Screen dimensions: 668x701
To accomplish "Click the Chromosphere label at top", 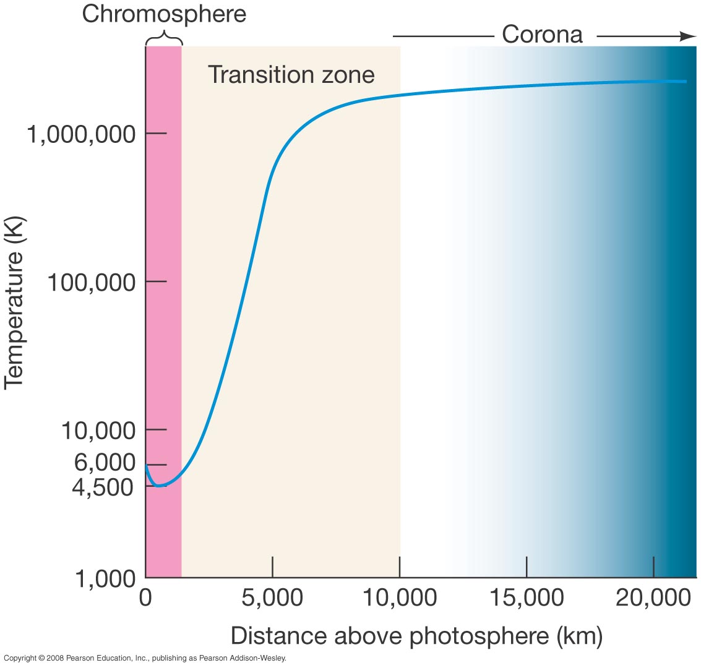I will click(x=164, y=14).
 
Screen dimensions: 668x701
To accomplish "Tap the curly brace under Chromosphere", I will click(x=164, y=40).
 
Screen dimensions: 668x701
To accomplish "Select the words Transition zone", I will click(x=291, y=75).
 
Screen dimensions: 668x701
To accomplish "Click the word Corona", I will click(x=542, y=34).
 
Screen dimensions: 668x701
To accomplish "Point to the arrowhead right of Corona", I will click(x=687, y=36).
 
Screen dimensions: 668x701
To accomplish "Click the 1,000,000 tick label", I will click(x=81, y=134).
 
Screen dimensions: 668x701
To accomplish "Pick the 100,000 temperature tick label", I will click(x=90, y=282).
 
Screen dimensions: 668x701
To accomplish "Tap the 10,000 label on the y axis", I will click(x=97, y=430).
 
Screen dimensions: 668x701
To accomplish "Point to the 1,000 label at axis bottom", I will click(x=105, y=579).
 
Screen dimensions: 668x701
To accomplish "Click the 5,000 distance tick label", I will click(x=272, y=599).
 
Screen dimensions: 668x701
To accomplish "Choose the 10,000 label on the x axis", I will click(x=400, y=599).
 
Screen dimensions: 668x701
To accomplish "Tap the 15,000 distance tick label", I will click(x=527, y=599).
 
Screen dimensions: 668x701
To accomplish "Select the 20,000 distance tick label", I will click(x=653, y=599).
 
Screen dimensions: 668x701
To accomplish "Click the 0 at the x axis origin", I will click(x=146, y=599).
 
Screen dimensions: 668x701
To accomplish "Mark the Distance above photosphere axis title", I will click(x=416, y=635).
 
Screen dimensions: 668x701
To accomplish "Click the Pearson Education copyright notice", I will click(x=145, y=659).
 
